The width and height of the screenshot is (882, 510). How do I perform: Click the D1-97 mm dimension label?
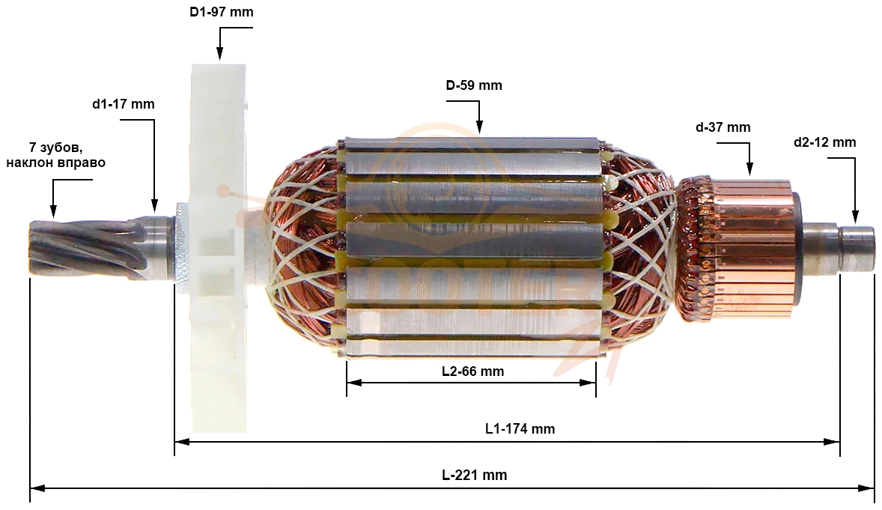tap(221, 12)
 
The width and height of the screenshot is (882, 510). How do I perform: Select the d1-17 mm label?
tap(124, 104)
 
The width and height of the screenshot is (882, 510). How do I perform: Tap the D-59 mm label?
tap(474, 85)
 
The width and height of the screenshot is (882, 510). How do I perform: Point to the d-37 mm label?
tap(723, 127)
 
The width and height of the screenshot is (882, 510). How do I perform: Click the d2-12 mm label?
tap(824, 142)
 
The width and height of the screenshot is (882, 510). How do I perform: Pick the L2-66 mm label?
tap(472, 371)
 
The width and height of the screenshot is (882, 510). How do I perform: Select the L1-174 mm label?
tap(520, 429)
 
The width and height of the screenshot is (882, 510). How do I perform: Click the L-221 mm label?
tap(474, 475)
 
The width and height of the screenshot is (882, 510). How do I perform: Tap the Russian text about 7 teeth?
tap(55, 155)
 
